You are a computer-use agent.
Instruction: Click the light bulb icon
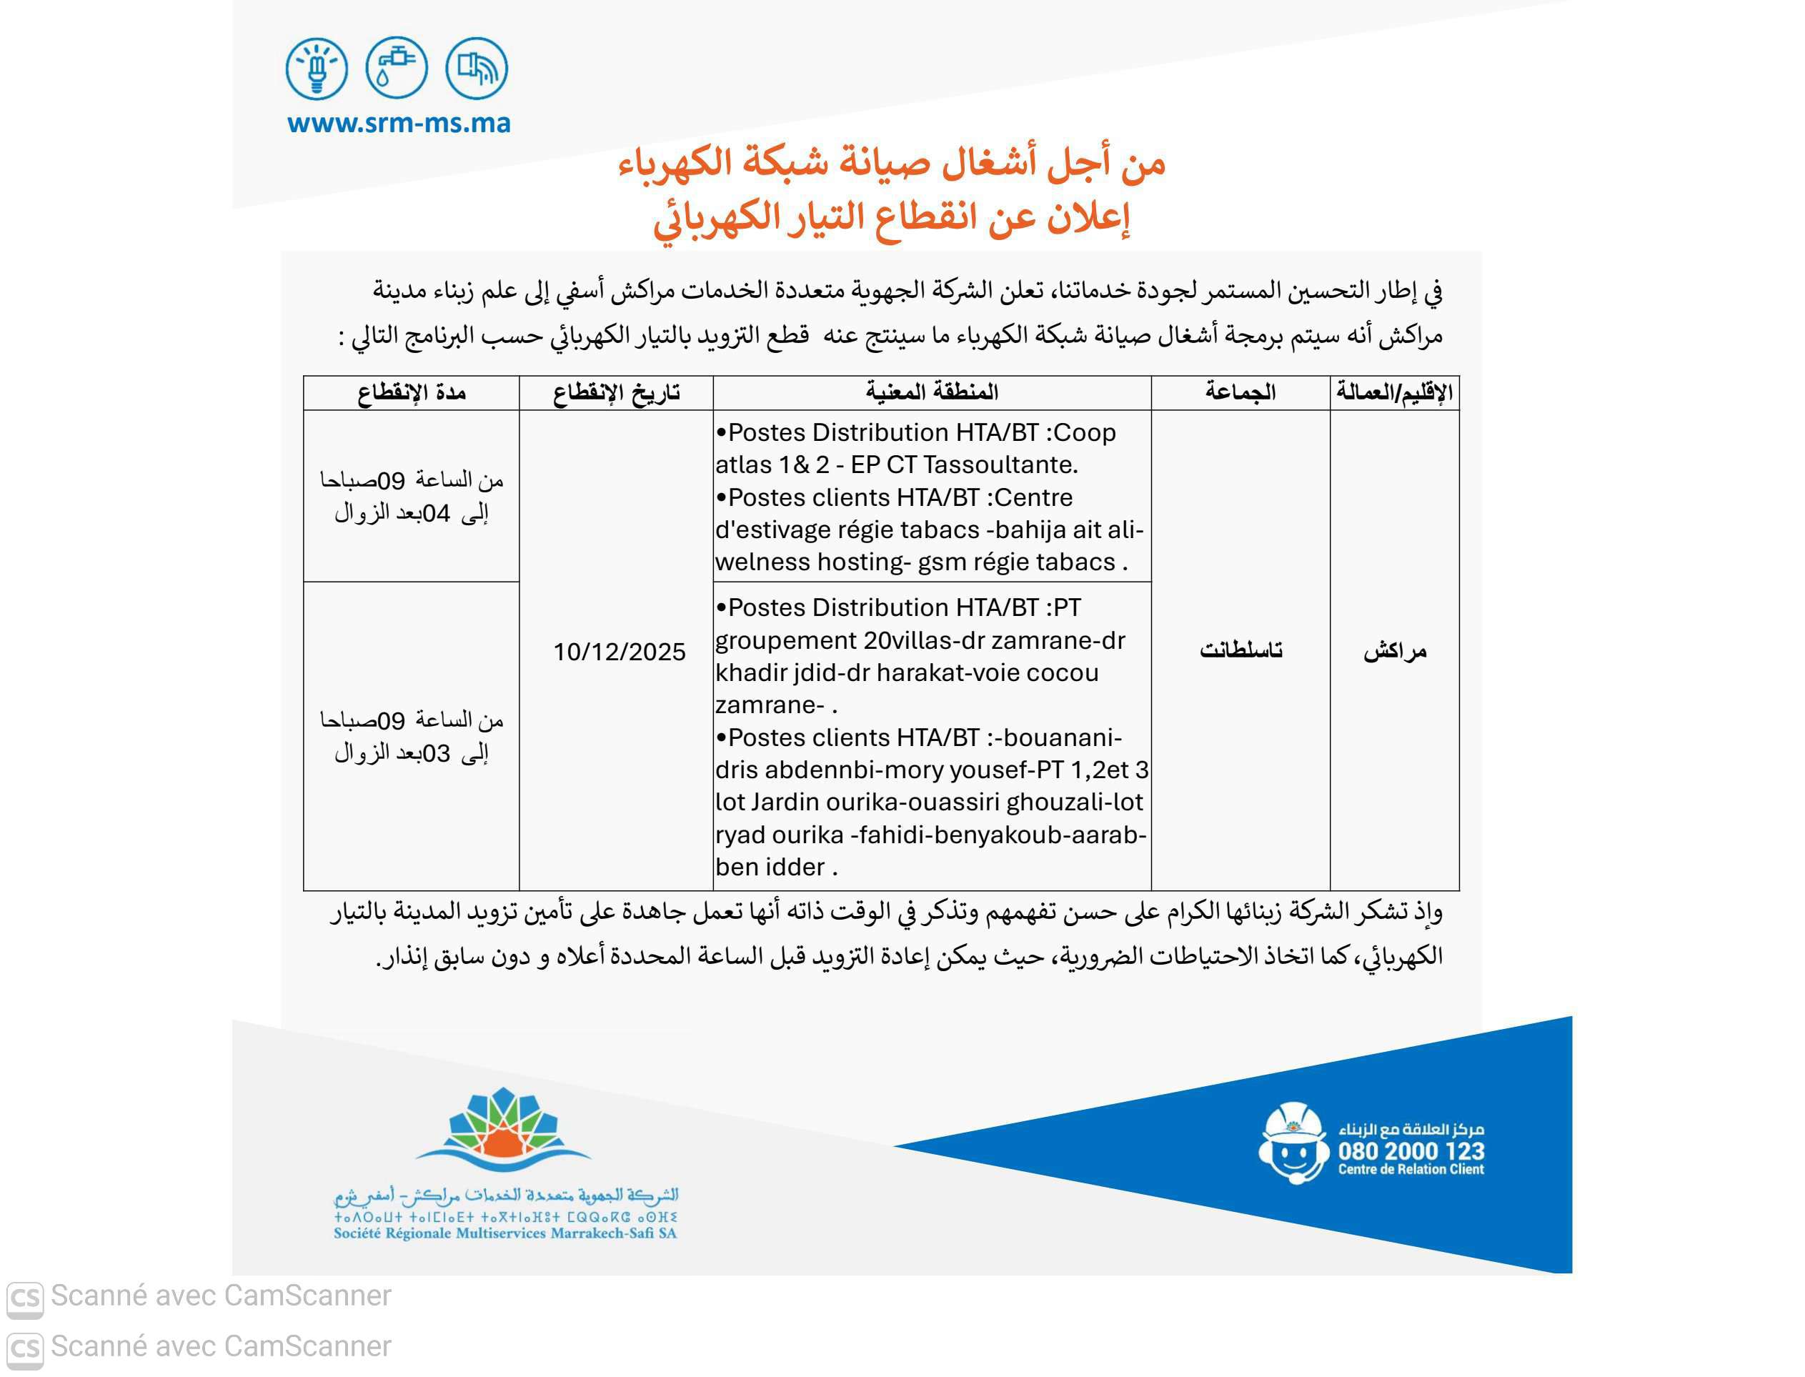317,68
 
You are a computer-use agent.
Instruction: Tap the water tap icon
397,68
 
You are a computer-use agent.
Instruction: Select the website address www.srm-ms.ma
399,124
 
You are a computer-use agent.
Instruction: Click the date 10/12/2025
619,652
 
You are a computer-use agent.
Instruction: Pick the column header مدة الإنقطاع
412,392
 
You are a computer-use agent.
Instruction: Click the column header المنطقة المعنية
932,392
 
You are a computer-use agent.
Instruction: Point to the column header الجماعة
1240,392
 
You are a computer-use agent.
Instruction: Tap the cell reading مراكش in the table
1394,652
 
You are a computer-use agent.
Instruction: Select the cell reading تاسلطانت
1240,651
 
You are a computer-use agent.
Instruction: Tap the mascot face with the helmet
1293,1143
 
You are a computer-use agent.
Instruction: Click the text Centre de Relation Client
1411,1170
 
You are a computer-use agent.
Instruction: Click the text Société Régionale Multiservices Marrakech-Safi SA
505,1233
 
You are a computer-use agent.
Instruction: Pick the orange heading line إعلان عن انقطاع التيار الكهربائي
891,218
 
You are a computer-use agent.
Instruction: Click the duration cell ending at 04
412,497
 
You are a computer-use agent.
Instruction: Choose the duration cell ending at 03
412,737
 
